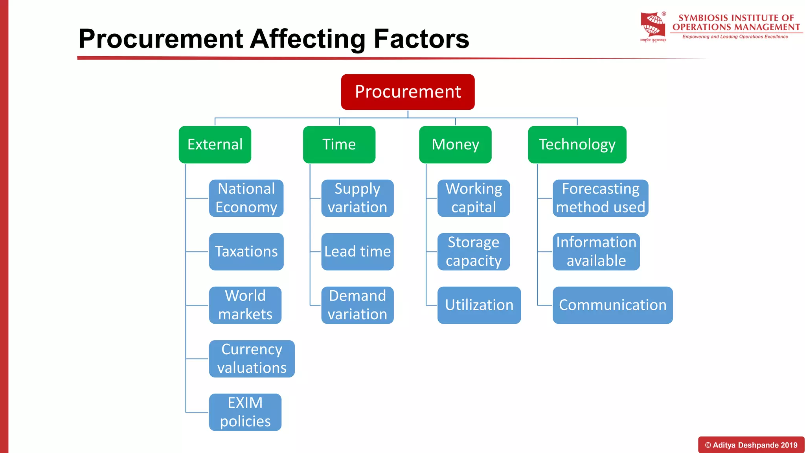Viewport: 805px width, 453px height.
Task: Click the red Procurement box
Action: [408, 92]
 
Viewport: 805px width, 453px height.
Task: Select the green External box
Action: [215, 144]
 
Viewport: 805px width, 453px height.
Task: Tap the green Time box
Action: [339, 144]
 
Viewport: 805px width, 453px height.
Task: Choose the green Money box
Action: [455, 144]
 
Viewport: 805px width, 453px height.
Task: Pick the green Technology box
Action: [577, 144]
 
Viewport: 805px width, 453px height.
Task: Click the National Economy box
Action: [246, 198]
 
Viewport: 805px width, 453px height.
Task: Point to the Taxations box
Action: [246, 251]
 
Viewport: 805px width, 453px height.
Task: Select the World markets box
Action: [245, 305]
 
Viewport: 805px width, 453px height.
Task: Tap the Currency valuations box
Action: [252, 358]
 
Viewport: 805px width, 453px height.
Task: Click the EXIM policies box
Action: [245, 412]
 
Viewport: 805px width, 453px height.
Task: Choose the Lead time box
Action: [357, 251]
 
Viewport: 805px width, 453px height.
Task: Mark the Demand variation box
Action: [357, 305]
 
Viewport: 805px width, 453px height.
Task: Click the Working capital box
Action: [473, 198]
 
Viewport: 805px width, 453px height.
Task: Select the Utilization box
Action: [479, 305]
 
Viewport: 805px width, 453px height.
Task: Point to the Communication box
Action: [612, 305]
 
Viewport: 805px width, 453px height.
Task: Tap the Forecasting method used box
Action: [600, 198]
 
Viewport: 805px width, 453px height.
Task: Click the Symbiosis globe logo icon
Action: [653, 25]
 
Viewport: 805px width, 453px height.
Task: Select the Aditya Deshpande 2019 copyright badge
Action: [751, 445]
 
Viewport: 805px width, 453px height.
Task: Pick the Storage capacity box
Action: [473, 251]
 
